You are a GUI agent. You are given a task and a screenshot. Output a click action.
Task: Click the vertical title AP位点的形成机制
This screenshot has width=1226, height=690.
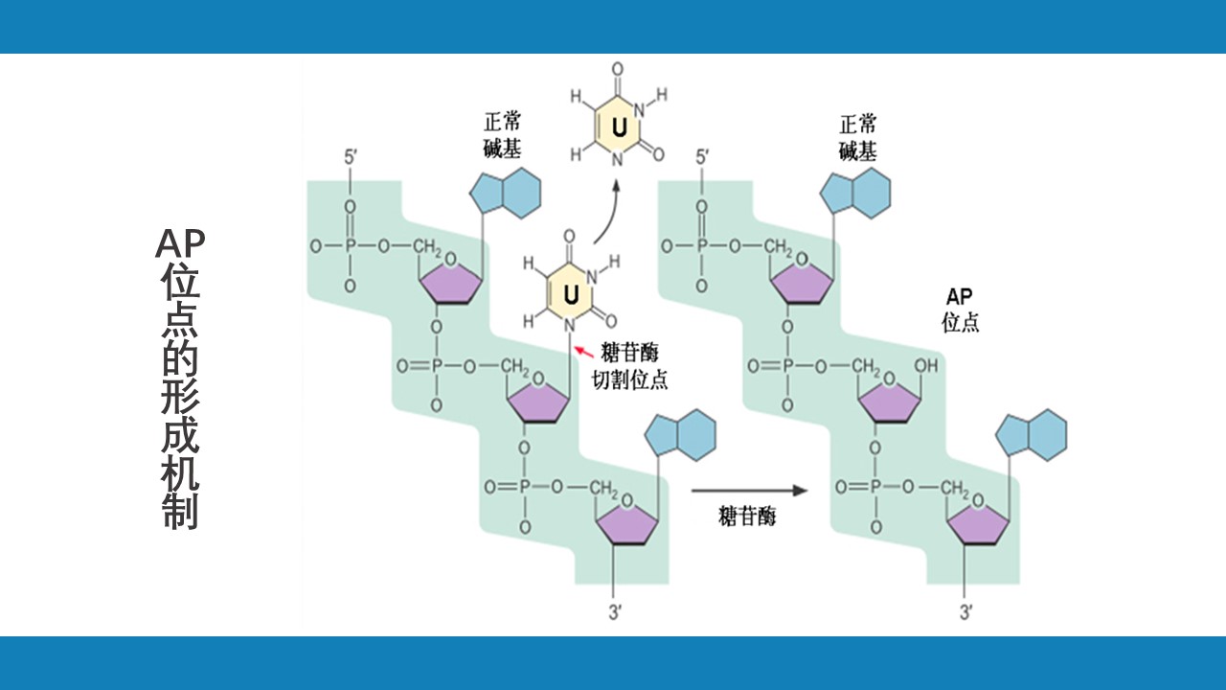(x=179, y=379)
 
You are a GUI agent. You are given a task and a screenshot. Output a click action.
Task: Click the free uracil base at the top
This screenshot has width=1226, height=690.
(x=618, y=126)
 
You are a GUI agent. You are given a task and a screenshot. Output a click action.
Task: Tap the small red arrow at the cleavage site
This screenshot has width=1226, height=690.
(x=582, y=355)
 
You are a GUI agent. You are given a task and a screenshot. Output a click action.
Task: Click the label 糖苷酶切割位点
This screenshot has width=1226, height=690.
(x=629, y=365)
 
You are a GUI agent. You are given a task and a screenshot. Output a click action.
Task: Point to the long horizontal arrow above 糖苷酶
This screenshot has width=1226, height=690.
(x=749, y=491)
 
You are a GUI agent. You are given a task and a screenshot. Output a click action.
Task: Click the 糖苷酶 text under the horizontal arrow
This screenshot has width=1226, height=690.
(x=747, y=517)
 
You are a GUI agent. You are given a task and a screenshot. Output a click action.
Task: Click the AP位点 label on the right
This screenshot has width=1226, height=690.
(x=960, y=310)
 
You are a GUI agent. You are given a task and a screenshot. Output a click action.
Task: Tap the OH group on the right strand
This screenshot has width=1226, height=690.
(x=925, y=366)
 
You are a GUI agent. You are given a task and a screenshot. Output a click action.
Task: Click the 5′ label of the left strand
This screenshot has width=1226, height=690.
(x=352, y=155)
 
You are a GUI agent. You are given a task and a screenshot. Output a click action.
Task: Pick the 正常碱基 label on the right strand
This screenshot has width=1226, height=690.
(x=857, y=137)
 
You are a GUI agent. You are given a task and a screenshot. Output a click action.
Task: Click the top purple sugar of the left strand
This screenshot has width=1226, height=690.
(x=449, y=283)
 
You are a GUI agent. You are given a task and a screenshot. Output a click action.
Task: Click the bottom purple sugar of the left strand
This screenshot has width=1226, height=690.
(x=627, y=523)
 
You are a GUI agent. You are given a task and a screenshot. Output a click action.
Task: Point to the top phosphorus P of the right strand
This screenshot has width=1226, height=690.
(x=702, y=246)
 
